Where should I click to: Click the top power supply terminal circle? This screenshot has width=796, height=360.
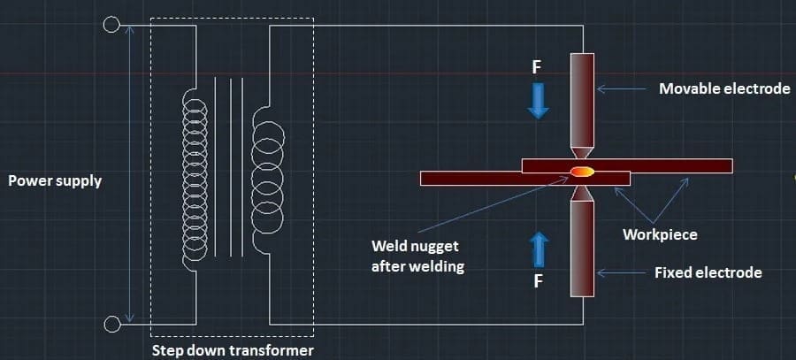click(111, 25)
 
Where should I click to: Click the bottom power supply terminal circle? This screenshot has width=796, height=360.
click(111, 325)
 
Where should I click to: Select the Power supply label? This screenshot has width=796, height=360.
click(55, 180)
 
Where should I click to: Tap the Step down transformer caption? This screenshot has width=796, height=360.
click(232, 350)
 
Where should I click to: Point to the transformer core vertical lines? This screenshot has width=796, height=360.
click(228, 168)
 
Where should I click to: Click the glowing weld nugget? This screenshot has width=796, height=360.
click(581, 171)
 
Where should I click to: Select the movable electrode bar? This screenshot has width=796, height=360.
click(582, 97)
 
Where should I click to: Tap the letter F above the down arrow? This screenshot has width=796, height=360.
click(537, 67)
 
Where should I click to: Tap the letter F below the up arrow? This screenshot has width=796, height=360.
click(538, 283)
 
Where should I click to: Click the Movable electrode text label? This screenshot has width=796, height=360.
click(724, 88)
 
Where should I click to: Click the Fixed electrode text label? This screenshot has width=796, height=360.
click(708, 272)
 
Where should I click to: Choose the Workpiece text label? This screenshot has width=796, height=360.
click(660, 234)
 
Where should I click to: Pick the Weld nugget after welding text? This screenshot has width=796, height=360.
click(417, 256)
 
